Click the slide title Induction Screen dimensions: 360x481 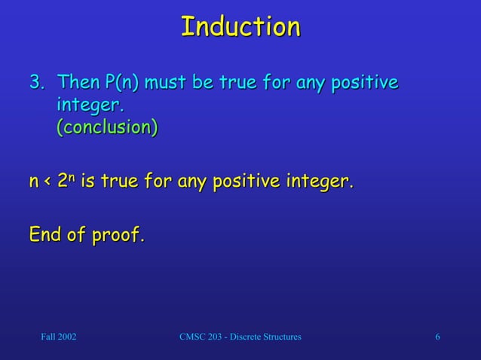click(x=240, y=27)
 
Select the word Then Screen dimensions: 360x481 click(x=81, y=81)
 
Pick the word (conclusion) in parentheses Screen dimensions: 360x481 click(x=107, y=127)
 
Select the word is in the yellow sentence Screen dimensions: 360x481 click(x=87, y=182)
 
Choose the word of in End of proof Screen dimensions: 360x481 click(x=80, y=236)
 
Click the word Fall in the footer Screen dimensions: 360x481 click(x=47, y=336)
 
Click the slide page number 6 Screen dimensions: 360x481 click(x=437, y=336)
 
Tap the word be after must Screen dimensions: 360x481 click(x=226, y=81)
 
